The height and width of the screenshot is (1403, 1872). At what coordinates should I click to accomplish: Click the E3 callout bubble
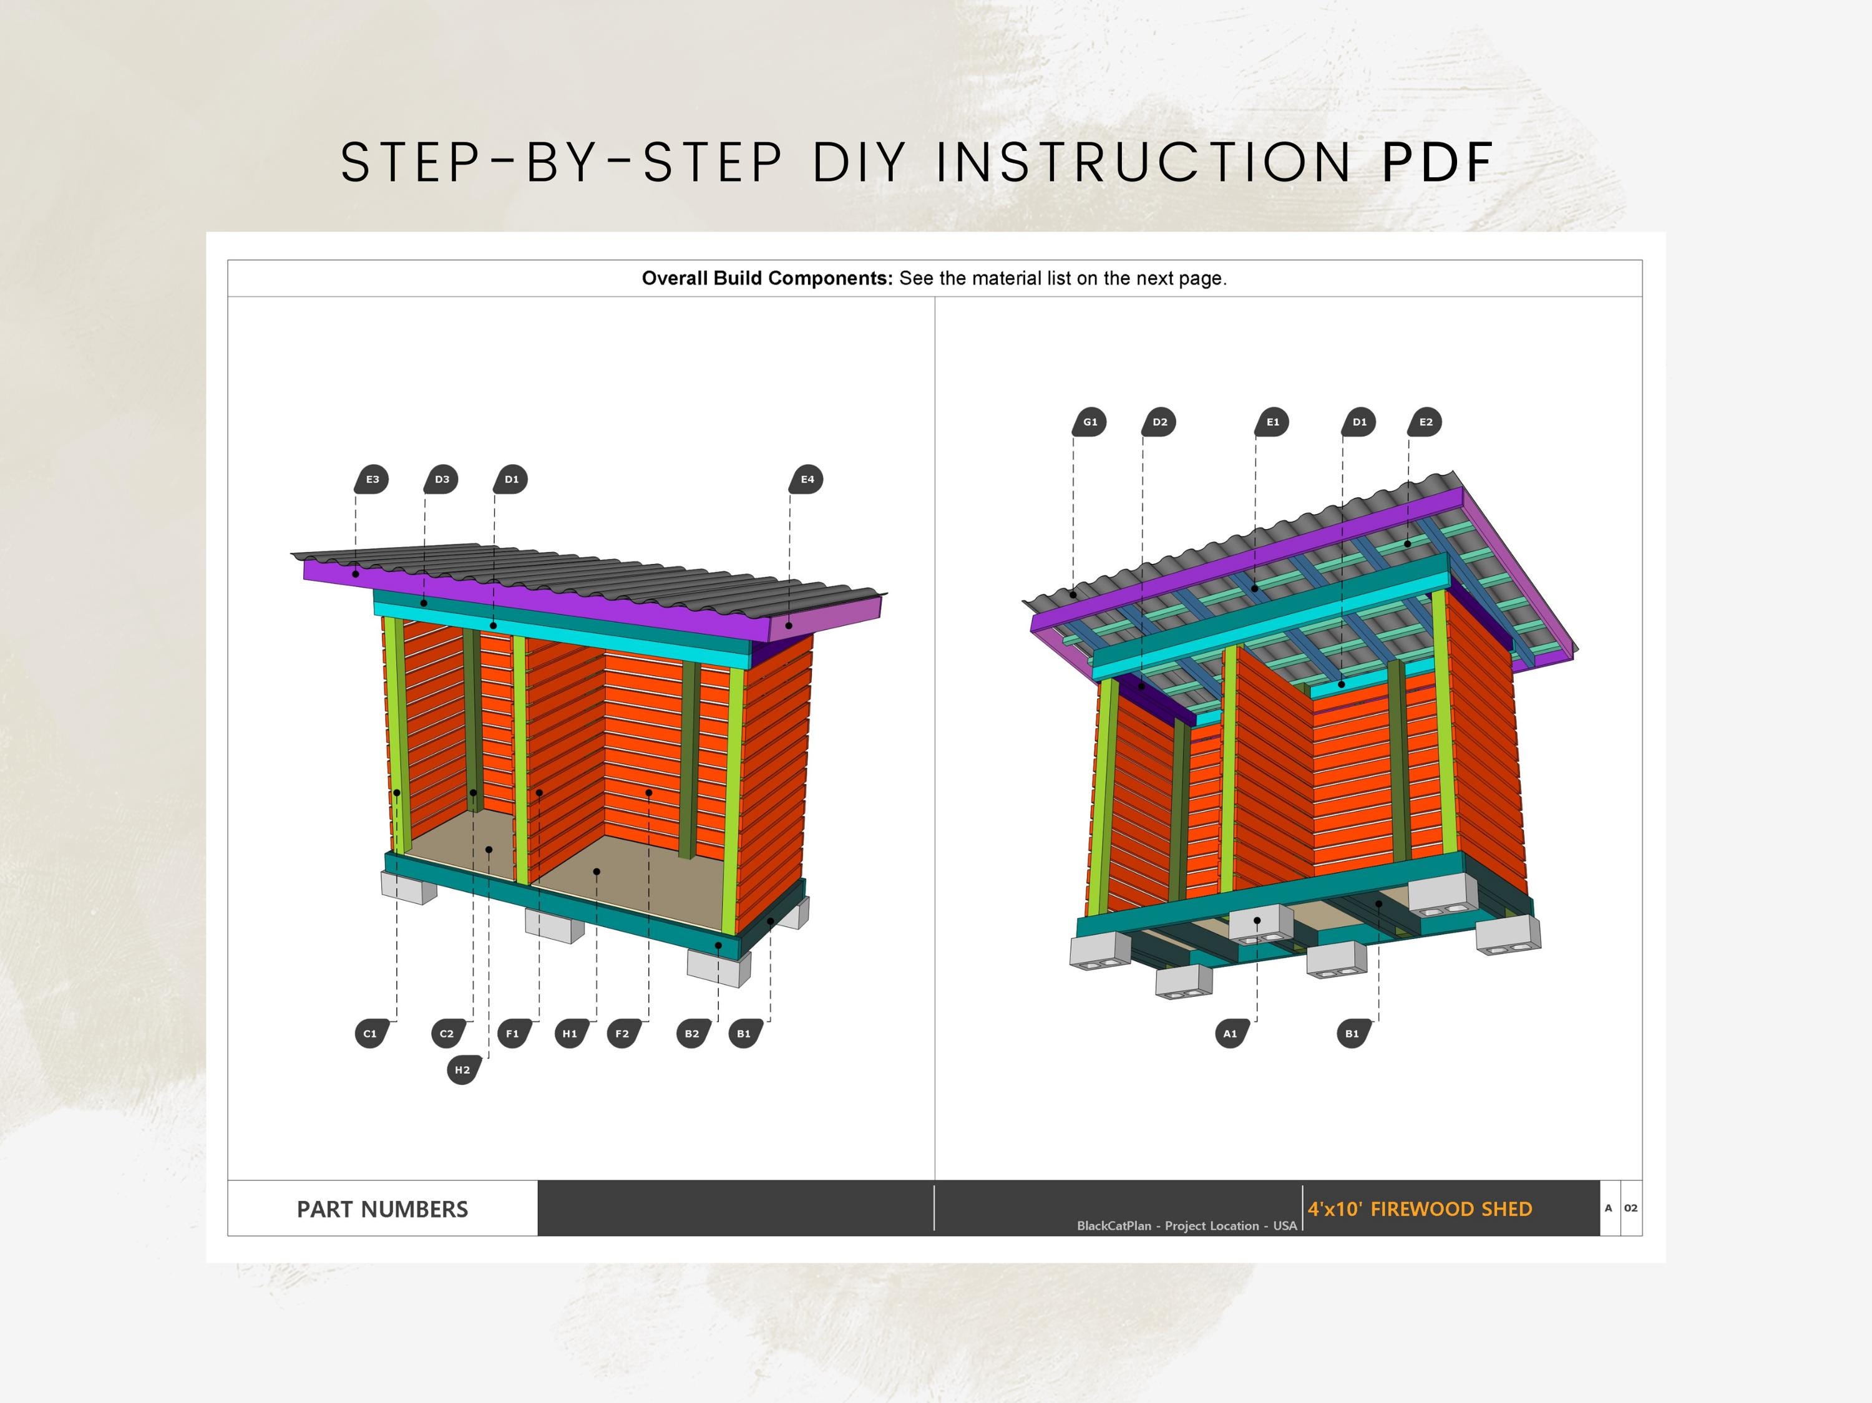371,479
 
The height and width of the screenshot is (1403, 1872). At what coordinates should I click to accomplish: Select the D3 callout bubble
441,479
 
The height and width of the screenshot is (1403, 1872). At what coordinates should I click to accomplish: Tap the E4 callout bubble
806,479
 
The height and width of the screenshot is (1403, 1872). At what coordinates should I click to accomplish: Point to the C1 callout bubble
371,1033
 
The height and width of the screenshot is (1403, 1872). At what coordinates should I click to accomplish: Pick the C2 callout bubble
447,1033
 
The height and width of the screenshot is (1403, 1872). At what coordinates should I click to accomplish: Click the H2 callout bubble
463,1070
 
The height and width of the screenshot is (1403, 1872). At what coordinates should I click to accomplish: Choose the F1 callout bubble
513,1033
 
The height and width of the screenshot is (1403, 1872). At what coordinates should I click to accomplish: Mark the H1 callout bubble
570,1033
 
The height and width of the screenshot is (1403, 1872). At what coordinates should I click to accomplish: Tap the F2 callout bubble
623,1033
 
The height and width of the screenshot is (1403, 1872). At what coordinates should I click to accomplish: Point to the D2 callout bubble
1159,422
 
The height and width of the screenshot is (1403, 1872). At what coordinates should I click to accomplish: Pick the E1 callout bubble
1272,422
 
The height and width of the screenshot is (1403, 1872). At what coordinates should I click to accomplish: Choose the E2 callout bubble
1425,422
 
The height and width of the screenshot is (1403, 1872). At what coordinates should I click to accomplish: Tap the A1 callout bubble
1231,1033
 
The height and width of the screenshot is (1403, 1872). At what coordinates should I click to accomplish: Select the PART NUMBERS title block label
382,1209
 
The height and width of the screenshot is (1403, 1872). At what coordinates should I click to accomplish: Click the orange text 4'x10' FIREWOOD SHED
1420,1209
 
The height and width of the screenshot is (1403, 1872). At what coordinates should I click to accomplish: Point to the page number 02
1631,1208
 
